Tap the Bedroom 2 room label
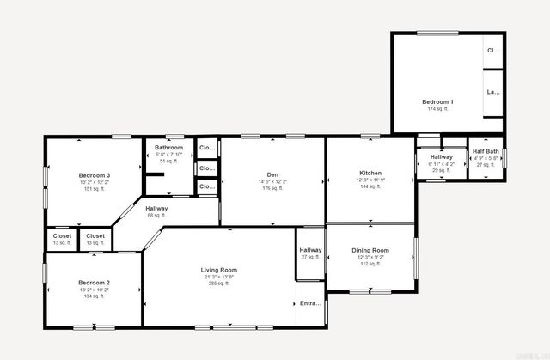click(95, 283)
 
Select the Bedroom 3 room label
click(95, 175)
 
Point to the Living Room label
click(219, 270)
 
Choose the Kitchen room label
click(370, 173)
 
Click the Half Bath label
click(486, 151)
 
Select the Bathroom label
click(168, 147)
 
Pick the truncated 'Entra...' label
click(309, 303)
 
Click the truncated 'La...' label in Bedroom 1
click(493, 92)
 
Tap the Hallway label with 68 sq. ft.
click(156, 209)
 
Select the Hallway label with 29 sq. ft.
click(442, 157)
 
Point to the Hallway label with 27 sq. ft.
click(310, 250)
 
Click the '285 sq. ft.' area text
click(219, 284)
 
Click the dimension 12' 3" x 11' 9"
click(370, 180)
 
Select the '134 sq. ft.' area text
click(95, 296)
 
